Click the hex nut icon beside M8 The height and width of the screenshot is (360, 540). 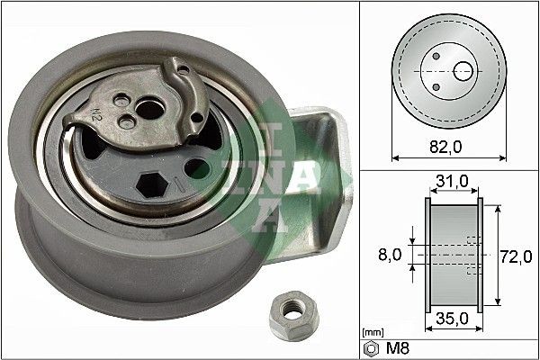point(369,347)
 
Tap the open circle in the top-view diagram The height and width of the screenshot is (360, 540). point(464,70)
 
